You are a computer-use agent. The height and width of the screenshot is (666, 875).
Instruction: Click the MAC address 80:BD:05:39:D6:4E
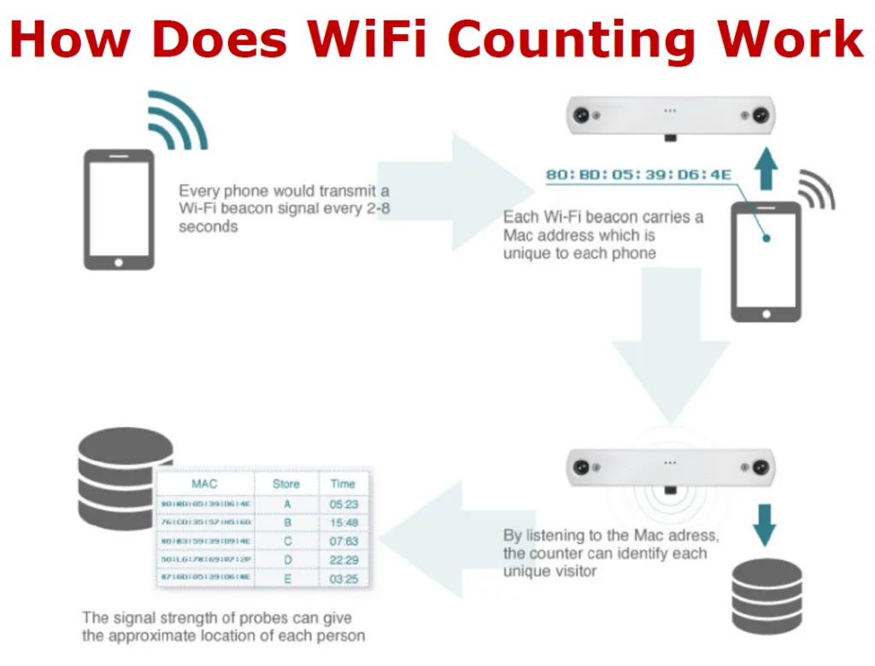click(x=639, y=176)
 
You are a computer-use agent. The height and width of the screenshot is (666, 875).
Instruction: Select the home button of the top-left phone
click(x=118, y=262)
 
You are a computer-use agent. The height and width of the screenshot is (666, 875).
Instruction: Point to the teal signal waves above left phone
click(x=176, y=120)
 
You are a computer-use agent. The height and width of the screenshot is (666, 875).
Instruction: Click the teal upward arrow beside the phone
click(x=766, y=166)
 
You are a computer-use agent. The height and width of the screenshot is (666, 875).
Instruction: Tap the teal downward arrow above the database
click(x=765, y=524)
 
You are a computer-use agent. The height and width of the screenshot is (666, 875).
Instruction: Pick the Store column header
click(x=286, y=483)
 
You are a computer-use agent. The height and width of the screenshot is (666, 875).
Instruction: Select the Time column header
click(x=344, y=483)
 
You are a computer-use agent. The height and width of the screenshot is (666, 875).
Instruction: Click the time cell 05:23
click(x=344, y=505)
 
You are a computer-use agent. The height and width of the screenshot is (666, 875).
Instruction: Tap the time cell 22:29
click(x=344, y=559)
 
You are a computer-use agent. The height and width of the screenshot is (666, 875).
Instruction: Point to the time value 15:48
click(x=344, y=523)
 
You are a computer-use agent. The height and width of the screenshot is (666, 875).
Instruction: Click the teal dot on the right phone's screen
click(x=766, y=238)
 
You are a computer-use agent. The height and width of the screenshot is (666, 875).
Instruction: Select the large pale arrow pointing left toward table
click(x=444, y=538)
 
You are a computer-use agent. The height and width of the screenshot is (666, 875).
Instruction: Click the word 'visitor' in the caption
click(x=572, y=571)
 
